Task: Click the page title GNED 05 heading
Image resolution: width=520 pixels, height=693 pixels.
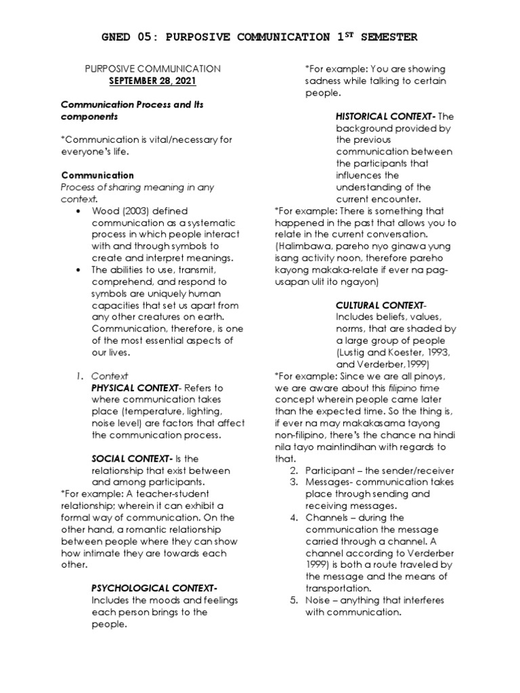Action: [x=259, y=37]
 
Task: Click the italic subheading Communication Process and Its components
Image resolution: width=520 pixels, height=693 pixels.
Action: [x=132, y=110]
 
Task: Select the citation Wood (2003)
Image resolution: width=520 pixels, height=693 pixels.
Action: [x=121, y=211]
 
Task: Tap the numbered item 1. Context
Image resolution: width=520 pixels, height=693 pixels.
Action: [x=102, y=376]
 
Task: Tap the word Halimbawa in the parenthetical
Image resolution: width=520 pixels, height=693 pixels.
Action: [x=304, y=246]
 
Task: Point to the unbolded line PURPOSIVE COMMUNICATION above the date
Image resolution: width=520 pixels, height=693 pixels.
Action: [x=152, y=69]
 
